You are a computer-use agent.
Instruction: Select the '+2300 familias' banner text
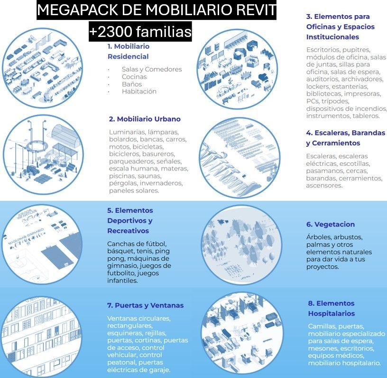pyautogui.click(x=140, y=32)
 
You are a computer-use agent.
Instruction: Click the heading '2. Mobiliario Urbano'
pyautogui.click(x=145, y=119)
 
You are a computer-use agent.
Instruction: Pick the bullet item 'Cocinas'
pyautogui.click(x=134, y=77)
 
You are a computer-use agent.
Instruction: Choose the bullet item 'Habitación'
pyautogui.click(x=139, y=91)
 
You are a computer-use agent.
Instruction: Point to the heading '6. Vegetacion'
pyautogui.click(x=330, y=225)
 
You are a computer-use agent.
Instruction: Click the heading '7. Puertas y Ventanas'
pyautogui.click(x=145, y=306)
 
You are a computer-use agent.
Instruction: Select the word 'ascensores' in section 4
pyautogui.click(x=324, y=186)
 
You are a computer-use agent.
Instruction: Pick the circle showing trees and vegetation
pyautogui.click(x=240, y=244)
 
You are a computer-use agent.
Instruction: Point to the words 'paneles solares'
pyautogui.click(x=134, y=191)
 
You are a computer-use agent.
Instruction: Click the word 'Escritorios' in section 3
pyautogui.click(x=324, y=50)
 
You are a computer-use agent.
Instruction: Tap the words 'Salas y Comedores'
pyautogui.click(x=152, y=69)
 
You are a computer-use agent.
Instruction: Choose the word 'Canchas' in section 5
pyautogui.click(x=121, y=244)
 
